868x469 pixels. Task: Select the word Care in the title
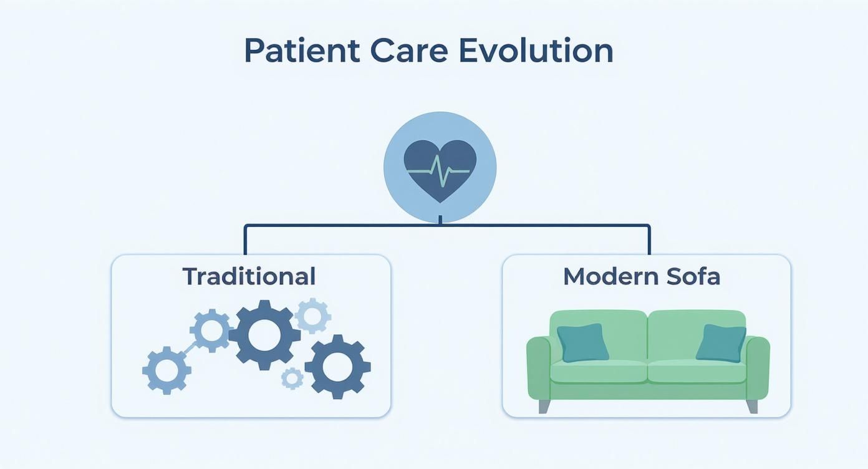409,51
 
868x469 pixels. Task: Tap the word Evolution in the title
536,51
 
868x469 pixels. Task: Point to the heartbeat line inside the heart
440,171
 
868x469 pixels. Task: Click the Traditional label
249,276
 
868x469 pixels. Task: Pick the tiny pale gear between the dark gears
292,378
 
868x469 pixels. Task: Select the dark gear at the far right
337,367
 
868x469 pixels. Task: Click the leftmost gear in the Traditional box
166,370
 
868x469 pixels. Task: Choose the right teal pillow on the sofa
721,342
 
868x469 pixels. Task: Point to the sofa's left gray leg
544,406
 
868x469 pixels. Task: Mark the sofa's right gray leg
752,406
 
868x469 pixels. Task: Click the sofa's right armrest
758,368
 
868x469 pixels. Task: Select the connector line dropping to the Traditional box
245,240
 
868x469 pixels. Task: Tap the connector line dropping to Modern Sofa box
649,240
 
